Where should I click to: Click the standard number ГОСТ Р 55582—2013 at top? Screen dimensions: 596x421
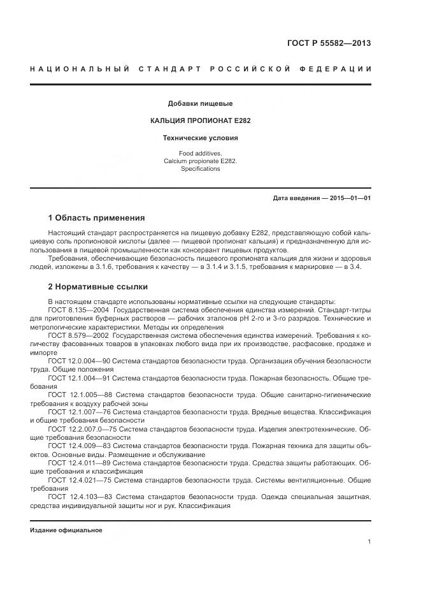[x=329, y=43]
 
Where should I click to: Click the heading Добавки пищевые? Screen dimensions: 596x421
[x=200, y=103]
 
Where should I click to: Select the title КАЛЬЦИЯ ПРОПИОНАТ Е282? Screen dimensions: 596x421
[x=200, y=120]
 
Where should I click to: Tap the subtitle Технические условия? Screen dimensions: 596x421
[x=200, y=137]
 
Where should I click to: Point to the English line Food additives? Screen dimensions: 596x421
[x=200, y=154]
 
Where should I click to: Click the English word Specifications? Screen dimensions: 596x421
[x=200, y=169]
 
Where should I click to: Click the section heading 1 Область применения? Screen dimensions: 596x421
[x=96, y=218]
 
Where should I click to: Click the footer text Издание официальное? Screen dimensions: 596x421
[x=66, y=530]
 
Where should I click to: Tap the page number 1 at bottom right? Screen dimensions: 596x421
[x=369, y=542]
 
